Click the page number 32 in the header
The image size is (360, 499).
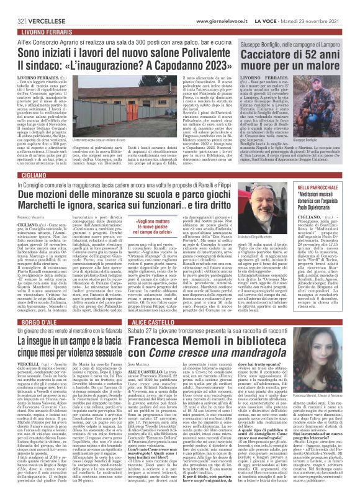tap(12, 5)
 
